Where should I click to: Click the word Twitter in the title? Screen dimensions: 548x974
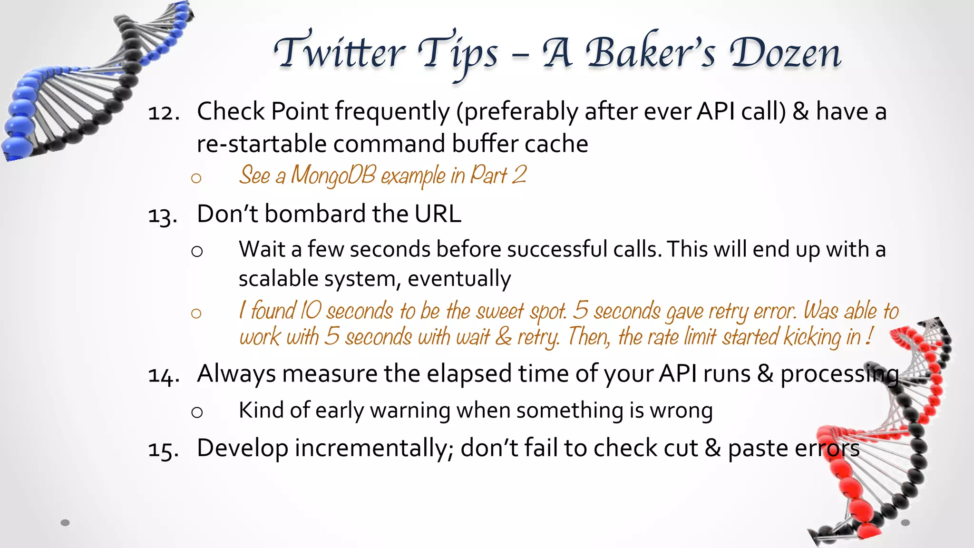click(340, 52)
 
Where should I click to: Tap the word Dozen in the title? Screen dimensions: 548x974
click(785, 52)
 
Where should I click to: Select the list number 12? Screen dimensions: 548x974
click(163, 113)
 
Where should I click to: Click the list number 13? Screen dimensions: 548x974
click(163, 215)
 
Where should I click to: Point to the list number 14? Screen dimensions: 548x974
click(164, 376)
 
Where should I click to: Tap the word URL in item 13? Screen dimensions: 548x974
click(438, 214)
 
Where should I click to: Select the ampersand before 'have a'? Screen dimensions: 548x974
click(801, 112)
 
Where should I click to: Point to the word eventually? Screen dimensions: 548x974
click(459, 279)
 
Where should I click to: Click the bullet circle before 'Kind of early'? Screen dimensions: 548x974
click(197, 412)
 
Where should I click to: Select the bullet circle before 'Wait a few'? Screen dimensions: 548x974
click(197, 251)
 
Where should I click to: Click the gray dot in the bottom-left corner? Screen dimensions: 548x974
click(65, 523)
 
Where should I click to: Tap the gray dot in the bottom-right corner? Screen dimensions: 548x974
click(906, 523)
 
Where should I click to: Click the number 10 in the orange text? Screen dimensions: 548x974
click(311, 311)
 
